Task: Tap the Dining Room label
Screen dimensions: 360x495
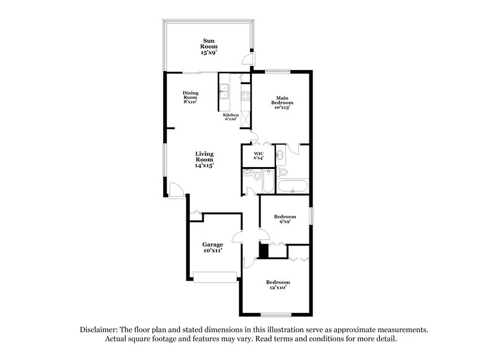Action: pyautogui.click(x=190, y=97)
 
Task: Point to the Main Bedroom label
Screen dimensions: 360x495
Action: pyautogui.click(x=282, y=102)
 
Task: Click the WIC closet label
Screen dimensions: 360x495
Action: pyautogui.click(x=259, y=155)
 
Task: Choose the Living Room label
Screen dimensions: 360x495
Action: pyautogui.click(x=205, y=160)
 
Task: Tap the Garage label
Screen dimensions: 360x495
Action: pyautogui.click(x=212, y=247)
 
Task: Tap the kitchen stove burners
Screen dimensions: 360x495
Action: pyautogui.click(x=245, y=96)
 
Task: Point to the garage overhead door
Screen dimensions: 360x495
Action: pyautogui.click(x=214, y=277)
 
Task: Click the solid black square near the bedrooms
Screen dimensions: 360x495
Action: pyautogui.click(x=263, y=251)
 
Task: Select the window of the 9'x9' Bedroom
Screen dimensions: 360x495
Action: pyautogui.click(x=311, y=218)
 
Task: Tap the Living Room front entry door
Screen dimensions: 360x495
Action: pyautogui.click(x=175, y=191)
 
